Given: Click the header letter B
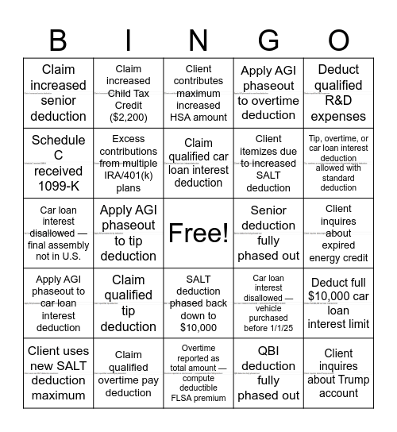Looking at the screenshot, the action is click(x=58, y=39).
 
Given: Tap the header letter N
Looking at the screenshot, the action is click(x=198, y=39).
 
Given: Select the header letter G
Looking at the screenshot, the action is click(x=268, y=39).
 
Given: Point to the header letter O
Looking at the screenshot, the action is click(x=339, y=39).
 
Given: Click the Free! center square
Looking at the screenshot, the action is click(x=198, y=233).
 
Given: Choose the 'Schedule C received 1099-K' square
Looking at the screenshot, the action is click(x=58, y=163).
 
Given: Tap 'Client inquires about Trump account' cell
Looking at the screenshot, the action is click(x=339, y=372).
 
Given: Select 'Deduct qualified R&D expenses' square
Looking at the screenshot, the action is click(x=339, y=93).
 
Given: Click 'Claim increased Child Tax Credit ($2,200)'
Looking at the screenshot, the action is click(x=129, y=93).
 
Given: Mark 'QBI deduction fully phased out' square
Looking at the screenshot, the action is click(x=268, y=372).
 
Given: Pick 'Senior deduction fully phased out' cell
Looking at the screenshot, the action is click(x=268, y=233).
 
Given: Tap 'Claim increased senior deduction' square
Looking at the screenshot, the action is click(x=58, y=93).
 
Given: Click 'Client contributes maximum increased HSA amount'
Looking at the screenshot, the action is click(x=198, y=93).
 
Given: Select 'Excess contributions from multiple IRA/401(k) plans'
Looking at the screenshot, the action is click(x=129, y=163).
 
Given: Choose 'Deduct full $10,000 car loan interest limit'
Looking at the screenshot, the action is click(x=339, y=303).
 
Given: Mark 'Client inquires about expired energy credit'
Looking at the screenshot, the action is click(x=339, y=233).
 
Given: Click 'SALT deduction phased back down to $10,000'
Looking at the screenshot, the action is click(x=198, y=303).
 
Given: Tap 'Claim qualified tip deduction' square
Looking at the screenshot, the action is click(x=129, y=303).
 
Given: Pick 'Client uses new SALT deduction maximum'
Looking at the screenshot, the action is click(x=58, y=372).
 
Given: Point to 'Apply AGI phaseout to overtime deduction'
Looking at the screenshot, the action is click(x=268, y=93).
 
